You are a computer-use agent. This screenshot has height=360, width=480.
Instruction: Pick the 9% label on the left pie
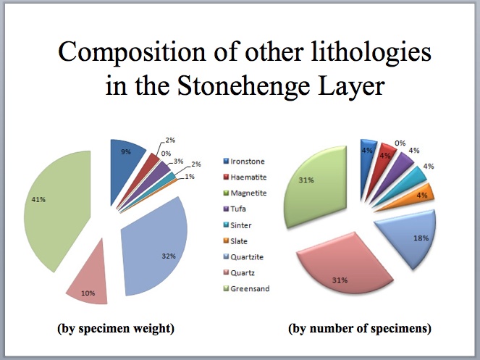[125, 151]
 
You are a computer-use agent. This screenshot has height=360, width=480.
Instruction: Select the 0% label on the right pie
[400, 143]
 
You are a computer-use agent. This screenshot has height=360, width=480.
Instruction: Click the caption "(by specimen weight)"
[116, 328]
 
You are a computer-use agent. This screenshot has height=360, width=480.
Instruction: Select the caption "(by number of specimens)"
[360, 328]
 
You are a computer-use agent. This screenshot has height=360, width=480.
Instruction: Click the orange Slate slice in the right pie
[424, 194]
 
